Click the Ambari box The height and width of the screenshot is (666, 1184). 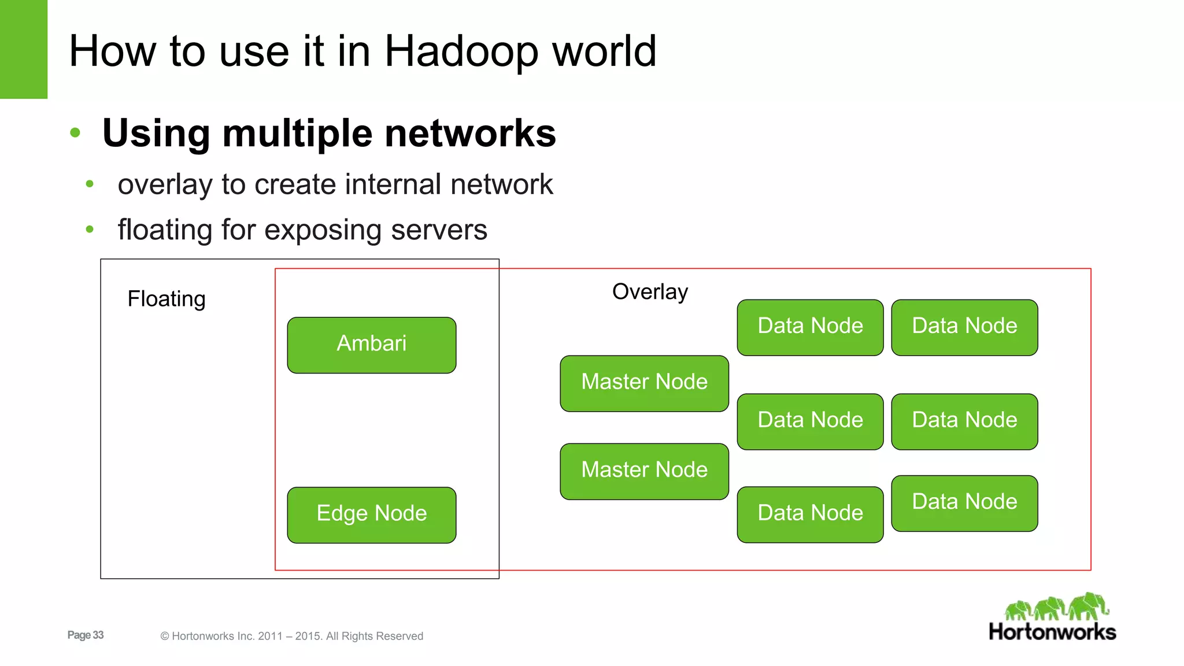(372, 345)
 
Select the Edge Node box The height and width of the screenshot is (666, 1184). (372, 515)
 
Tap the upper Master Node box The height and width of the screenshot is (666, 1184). (644, 383)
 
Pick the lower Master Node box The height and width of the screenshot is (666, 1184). (644, 471)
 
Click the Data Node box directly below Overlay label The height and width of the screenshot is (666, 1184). (810, 327)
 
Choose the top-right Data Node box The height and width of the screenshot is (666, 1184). (964, 327)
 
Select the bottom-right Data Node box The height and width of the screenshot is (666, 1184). (964, 503)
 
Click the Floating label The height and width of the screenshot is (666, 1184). (166, 299)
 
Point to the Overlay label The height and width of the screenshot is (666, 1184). (650, 291)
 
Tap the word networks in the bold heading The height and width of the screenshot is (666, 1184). (470, 134)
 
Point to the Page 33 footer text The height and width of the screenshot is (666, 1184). (86, 635)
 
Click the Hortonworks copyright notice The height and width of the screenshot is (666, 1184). (292, 636)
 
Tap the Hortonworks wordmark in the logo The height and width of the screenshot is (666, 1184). (1052, 632)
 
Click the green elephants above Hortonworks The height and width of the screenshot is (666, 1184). (1057, 606)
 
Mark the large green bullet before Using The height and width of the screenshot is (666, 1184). (75, 133)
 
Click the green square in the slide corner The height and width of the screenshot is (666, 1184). (23, 49)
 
